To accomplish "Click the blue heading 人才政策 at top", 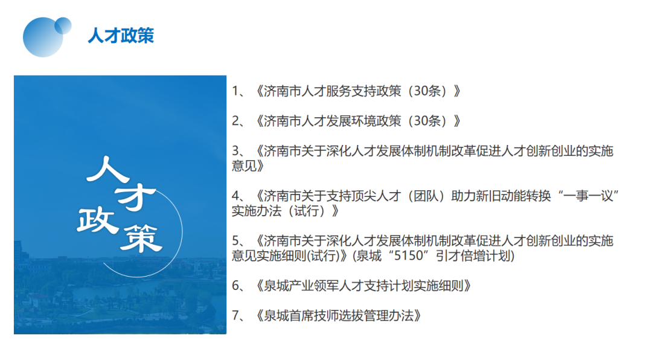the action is (121, 36).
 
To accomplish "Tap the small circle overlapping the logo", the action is (63, 25).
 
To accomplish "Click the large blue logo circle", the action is (42, 37).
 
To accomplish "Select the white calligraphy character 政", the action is (97, 220).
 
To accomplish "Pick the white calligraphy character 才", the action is (136, 198).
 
